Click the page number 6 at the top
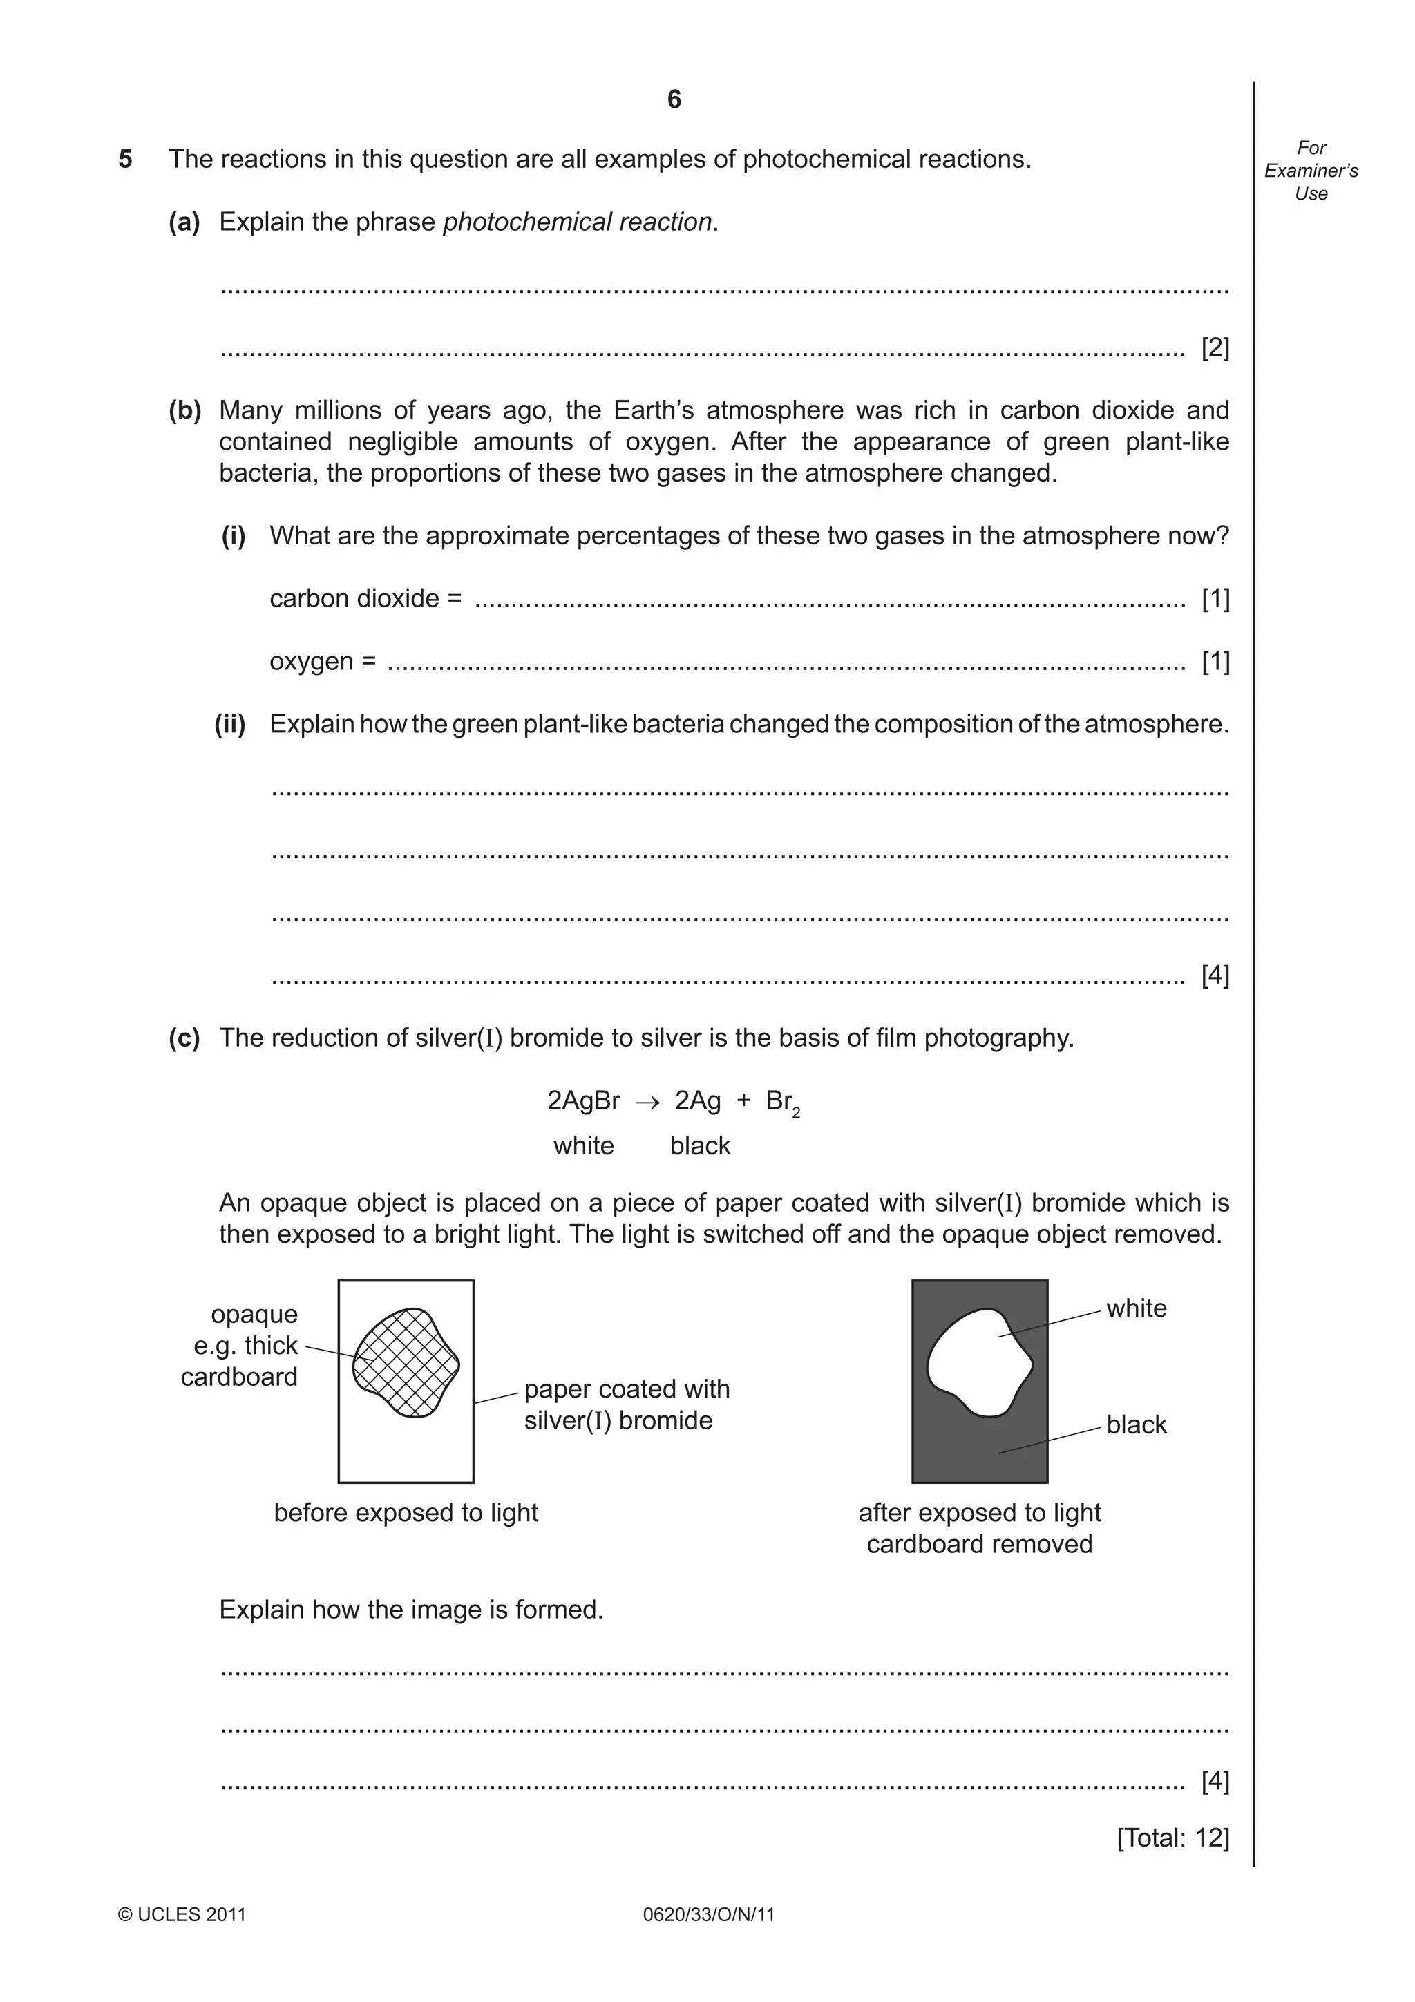tap(673, 99)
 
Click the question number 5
tap(126, 160)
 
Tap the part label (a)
tap(184, 222)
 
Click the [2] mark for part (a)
tap(1215, 348)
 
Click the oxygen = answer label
tap(323, 662)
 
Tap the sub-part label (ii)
tap(231, 725)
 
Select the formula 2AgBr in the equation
tap(583, 1101)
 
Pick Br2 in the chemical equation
tap(782, 1103)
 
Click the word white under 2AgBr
tap(583, 1146)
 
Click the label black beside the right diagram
tap(1136, 1424)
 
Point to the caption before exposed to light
tap(406, 1513)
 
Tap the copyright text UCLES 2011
tap(182, 1915)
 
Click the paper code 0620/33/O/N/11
tap(708, 1915)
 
